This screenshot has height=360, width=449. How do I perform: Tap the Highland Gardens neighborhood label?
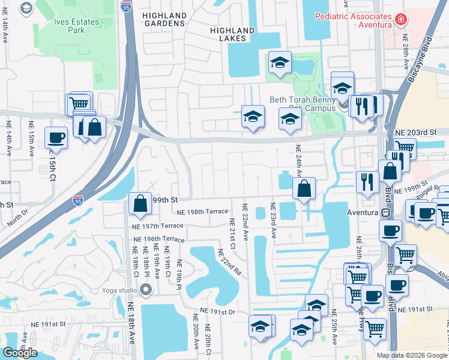[x=164, y=19]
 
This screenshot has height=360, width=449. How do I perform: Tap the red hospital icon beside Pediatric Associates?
[x=400, y=20]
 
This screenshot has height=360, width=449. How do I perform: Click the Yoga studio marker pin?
[x=145, y=291]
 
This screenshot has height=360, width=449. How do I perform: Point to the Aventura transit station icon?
[x=386, y=212]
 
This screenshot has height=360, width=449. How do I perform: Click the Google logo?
[x=20, y=353]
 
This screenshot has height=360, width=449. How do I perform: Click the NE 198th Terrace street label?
[x=203, y=211]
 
